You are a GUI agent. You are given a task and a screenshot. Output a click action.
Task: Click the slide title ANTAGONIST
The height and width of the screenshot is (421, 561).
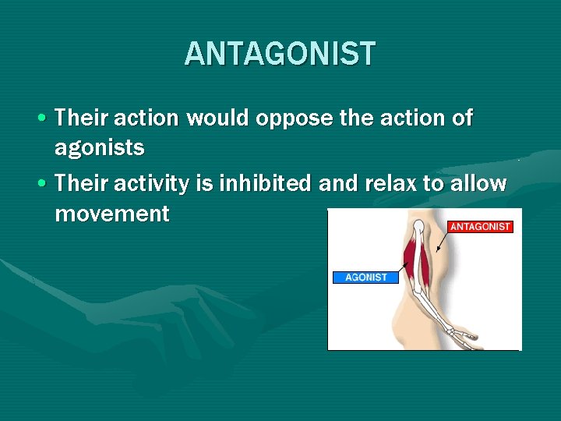click(280, 54)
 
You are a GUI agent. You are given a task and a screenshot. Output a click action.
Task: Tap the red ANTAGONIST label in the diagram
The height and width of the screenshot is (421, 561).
click(480, 227)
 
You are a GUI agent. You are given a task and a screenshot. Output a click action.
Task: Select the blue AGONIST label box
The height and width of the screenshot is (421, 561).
click(365, 277)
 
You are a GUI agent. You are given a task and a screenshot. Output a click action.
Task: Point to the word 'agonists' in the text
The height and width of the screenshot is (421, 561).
click(100, 148)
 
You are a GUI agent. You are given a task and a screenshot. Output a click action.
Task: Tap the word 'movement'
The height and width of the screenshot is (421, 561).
click(111, 214)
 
